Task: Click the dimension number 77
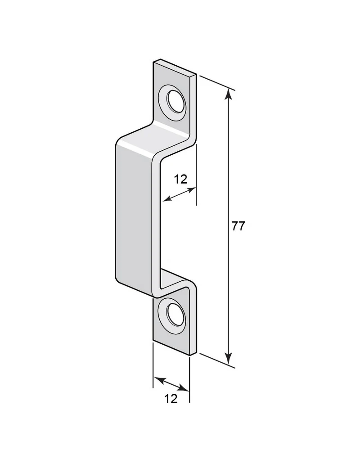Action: (238, 226)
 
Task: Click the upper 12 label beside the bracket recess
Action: (180, 180)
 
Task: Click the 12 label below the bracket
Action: (171, 399)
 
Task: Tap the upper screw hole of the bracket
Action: (175, 101)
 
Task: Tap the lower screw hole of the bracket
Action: (175, 312)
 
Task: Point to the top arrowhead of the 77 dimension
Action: (228, 93)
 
